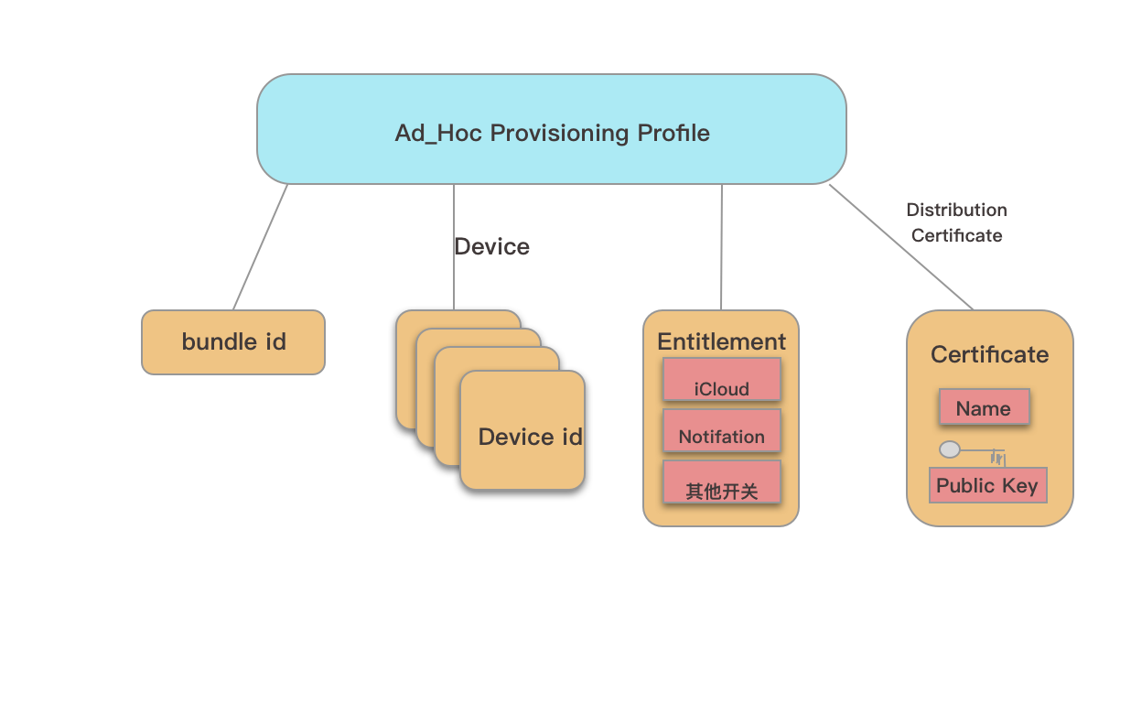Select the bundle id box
[233, 342]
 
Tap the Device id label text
[530, 437]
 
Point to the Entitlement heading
[721, 341]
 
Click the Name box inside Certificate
[984, 407]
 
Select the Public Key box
[987, 485]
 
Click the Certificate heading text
[989, 354]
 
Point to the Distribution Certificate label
[956, 222]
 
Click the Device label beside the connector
[492, 246]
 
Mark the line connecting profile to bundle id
[260, 247]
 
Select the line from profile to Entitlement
[721, 247]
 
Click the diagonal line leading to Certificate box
[901, 247]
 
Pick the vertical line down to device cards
[454, 275]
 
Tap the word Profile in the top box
[673, 133]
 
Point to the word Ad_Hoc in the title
[437, 134]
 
